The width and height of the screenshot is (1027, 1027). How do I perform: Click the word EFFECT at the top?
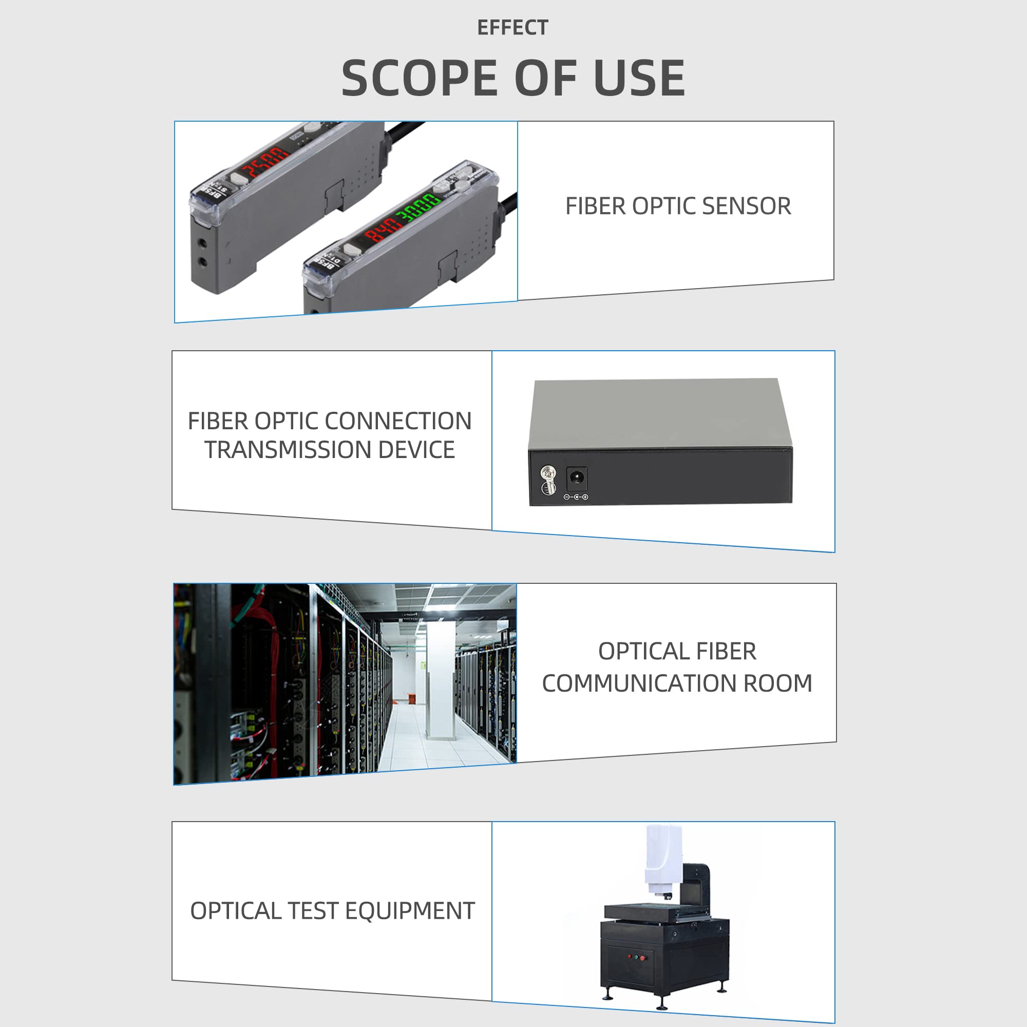512,28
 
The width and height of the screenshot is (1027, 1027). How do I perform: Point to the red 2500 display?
264,163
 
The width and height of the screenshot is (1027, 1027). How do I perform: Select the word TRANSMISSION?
288,450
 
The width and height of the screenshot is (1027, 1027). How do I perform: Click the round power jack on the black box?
576,478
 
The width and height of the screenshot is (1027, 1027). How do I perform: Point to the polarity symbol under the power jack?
576,497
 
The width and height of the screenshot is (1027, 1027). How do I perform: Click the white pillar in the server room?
441,680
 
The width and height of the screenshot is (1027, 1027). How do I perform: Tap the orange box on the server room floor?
412,697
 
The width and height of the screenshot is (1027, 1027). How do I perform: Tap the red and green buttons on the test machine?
636,957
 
